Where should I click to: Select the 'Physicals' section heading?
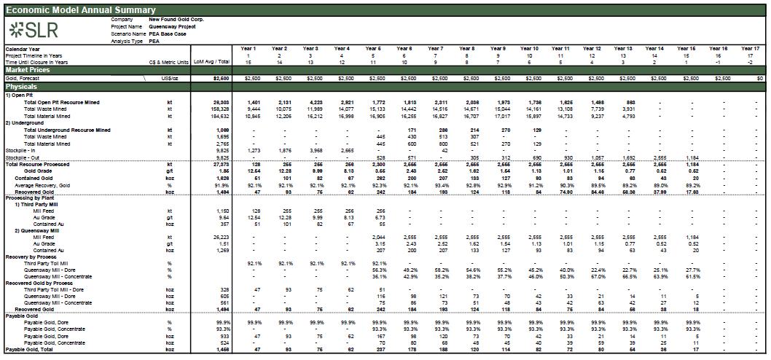tap(22, 87)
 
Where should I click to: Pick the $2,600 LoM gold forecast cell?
tap(220, 78)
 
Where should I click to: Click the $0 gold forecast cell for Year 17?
tap(759, 78)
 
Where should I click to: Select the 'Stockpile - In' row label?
tap(20, 150)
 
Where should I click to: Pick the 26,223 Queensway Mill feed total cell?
tap(220, 238)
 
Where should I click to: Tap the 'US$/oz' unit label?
tap(170, 78)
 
